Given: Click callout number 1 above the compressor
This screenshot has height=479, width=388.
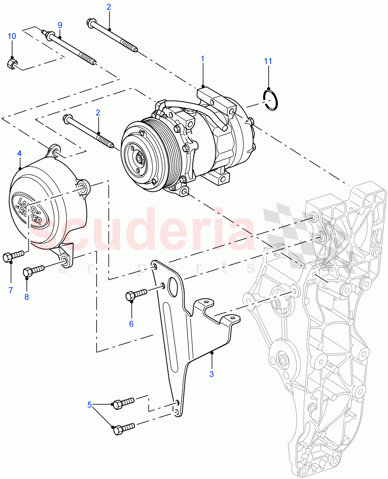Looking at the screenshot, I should coord(202,59).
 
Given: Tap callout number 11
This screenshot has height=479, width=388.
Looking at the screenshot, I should coord(268,61).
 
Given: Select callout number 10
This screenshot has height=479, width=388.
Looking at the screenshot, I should coord(12,36).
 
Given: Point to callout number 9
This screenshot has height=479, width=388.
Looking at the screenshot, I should coord(60,25).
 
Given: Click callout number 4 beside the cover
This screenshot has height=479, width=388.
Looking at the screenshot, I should coord(19,153).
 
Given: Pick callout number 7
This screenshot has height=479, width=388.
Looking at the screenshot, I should coord(11,289).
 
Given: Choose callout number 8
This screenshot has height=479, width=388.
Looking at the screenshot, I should coord(27,297).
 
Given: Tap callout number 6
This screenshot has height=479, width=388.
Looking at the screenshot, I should coord(131,324).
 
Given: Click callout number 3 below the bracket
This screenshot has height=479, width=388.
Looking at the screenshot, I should coord(212,374).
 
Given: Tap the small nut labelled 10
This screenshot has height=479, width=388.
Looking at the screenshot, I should coord(12,64).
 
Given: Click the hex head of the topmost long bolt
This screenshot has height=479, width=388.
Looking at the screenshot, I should coord(89,22).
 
